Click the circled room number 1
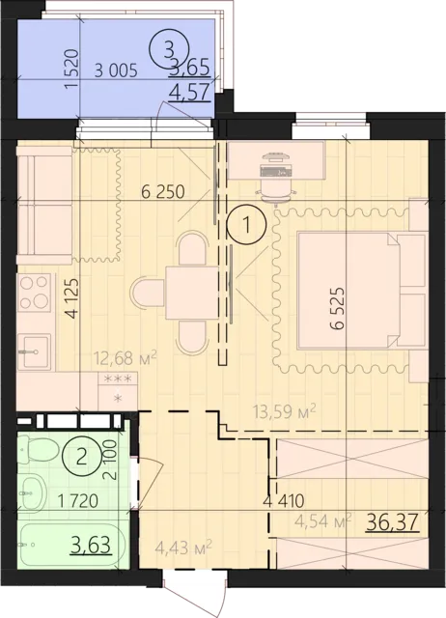pos(247,225)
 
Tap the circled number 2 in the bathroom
pos(81,458)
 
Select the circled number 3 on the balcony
pos(168,49)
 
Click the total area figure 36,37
pos(392,523)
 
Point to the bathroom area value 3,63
pos(91,546)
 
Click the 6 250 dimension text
pos(163,192)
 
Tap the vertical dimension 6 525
pos(338,308)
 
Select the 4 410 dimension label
pos(285,500)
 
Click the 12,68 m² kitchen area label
pos(125,358)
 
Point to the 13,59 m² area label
pos(285,411)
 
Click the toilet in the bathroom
pos(39,448)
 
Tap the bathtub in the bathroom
pos(71,545)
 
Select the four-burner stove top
pos(35,293)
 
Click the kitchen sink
pos(35,351)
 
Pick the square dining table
pos(192,293)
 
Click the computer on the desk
pos(275,165)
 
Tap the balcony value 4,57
pos(189,94)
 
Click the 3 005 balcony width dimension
pos(116,70)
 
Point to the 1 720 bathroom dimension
pos(77,501)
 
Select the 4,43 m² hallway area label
pos(184,548)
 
